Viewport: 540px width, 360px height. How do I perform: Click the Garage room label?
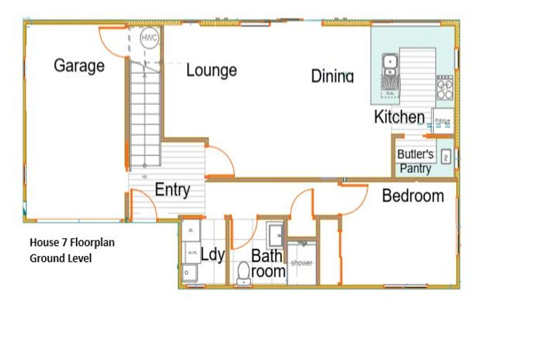[79, 66]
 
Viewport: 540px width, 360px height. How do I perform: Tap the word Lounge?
[211, 70]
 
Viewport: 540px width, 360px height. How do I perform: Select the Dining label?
[332, 76]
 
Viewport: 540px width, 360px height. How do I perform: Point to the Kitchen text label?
[399, 117]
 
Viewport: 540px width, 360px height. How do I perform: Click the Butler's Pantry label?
[416, 161]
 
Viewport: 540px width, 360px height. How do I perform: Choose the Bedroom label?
[413, 195]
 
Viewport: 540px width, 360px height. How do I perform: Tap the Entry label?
[172, 189]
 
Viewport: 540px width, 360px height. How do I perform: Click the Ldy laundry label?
[212, 254]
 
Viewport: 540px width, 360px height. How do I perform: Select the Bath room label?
[269, 263]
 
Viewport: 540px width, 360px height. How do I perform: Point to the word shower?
[302, 264]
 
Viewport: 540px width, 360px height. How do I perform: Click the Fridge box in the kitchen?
[442, 122]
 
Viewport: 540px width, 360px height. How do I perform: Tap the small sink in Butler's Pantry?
[445, 157]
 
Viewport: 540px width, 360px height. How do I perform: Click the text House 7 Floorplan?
[72, 243]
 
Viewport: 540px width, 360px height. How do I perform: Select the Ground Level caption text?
[60, 258]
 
